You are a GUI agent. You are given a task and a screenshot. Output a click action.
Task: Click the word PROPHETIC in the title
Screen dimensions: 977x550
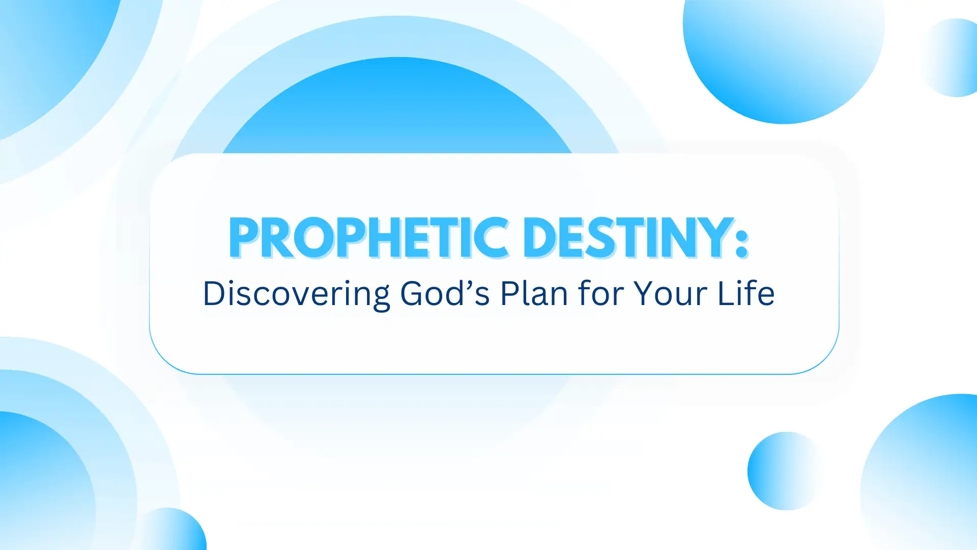click(369, 238)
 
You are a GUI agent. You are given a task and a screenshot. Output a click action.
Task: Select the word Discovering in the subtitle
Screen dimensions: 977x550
click(296, 294)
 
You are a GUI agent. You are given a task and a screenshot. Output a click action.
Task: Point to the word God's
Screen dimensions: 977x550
click(445, 293)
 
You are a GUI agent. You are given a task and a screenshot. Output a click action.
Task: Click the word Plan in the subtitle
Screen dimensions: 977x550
click(534, 293)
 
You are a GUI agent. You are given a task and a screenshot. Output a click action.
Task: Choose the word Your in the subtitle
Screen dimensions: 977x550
click(670, 293)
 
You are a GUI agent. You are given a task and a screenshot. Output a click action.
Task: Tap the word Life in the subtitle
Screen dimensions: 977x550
click(746, 293)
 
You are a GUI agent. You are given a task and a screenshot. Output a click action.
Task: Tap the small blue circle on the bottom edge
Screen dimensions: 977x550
click(170, 530)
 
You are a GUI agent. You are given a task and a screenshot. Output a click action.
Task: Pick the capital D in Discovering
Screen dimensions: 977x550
click(214, 293)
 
